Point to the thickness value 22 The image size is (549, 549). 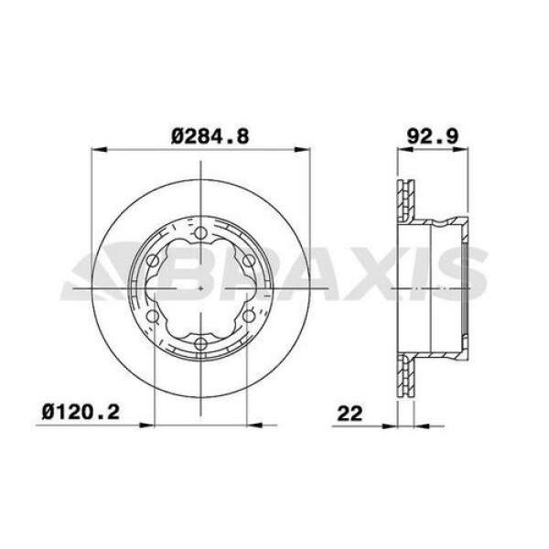coord(349,412)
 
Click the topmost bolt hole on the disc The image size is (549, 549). coord(200,235)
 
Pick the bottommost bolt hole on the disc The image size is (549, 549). coord(200,343)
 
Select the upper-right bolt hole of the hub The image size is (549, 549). coord(248,263)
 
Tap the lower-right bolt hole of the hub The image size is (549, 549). coord(248,317)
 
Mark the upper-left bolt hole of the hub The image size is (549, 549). coord(154,263)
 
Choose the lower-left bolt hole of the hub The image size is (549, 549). coord(154,317)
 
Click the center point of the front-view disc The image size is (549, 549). coord(200,289)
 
